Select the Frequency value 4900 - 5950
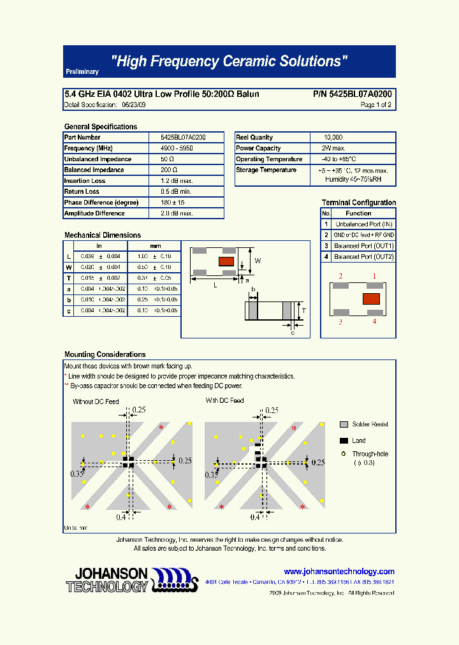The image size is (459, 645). [x=177, y=149]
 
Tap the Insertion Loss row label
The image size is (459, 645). [x=85, y=181]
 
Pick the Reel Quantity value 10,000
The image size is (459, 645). [x=333, y=138]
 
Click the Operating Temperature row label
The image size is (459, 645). [x=269, y=159]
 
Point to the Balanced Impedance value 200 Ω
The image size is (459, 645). [x=168, y=170]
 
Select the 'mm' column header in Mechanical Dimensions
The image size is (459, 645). [x=155, y=245]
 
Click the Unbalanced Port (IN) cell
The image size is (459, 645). [x=364, y=224]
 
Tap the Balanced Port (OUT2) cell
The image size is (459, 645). [x=364, y=257]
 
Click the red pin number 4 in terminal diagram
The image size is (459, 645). [x=374, y=322]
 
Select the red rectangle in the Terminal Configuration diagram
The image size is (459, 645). [x=371, y=298]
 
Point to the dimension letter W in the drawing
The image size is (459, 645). [x=258, y=261]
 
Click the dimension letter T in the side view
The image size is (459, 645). [x=304, y=310]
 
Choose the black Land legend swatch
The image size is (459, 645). [x=344, y=440]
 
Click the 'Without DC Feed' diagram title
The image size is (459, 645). [x=96, y=402]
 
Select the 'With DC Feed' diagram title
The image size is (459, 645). [x=224, y=401]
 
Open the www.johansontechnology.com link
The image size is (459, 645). [x=339, y=572]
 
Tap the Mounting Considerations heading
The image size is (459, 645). [x=105, y=354]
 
